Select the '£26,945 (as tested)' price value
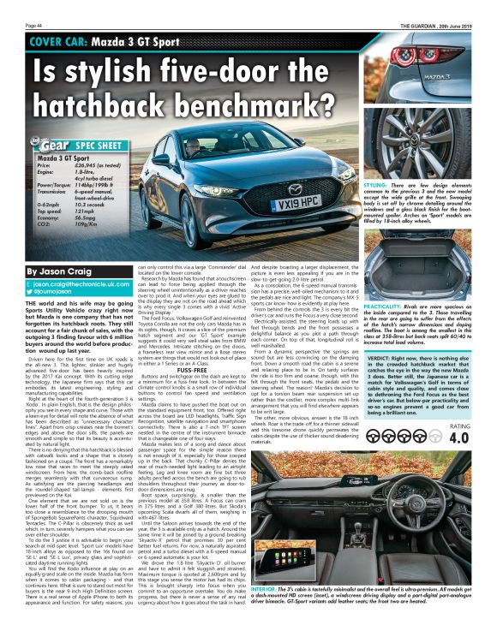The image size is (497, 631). coord(101,165)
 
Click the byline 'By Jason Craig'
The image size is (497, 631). coord(59,270)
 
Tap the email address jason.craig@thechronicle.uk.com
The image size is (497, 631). coord(75,283)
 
